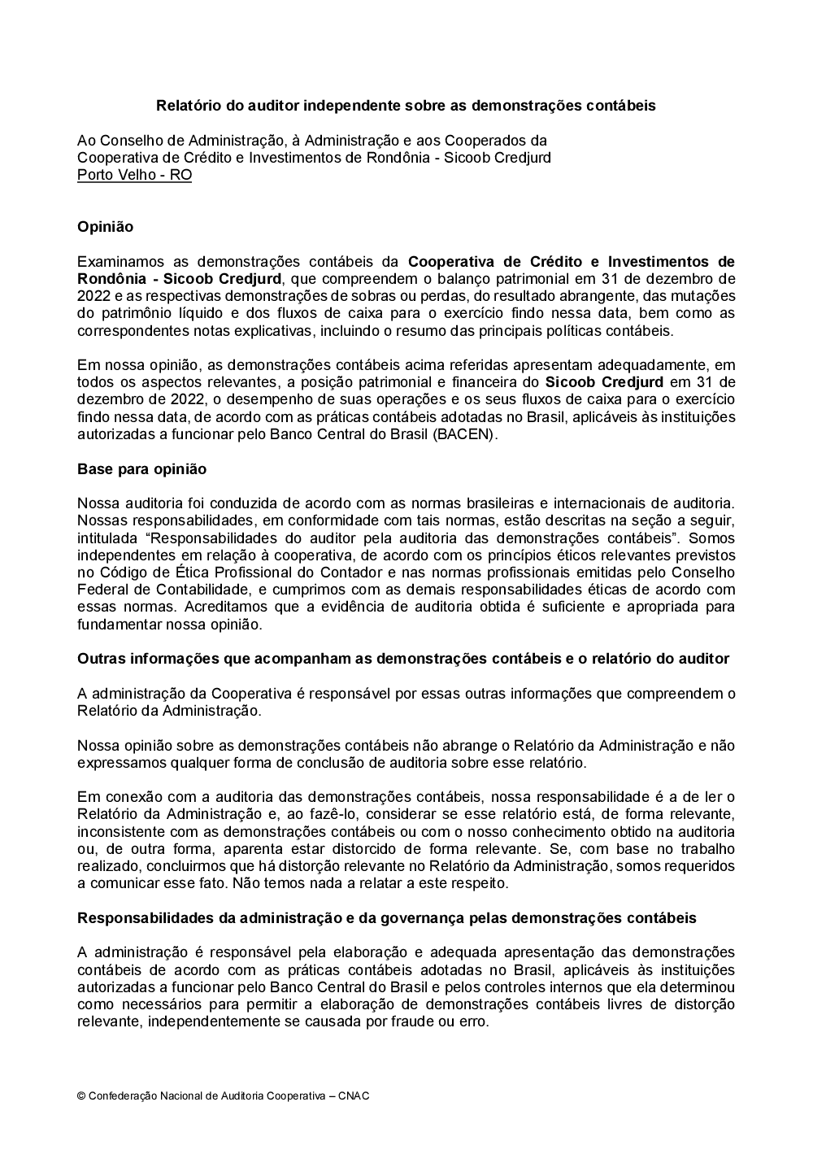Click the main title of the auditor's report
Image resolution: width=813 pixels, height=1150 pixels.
point(406,106)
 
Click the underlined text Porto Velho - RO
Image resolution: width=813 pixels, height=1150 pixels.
point(134,175)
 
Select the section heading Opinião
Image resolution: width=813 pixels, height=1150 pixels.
point(105,227)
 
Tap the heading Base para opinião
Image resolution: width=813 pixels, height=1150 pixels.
point(141,469)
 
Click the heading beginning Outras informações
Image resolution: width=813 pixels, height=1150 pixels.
point(402,659)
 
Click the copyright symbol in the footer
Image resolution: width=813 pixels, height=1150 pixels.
point(81,1096)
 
